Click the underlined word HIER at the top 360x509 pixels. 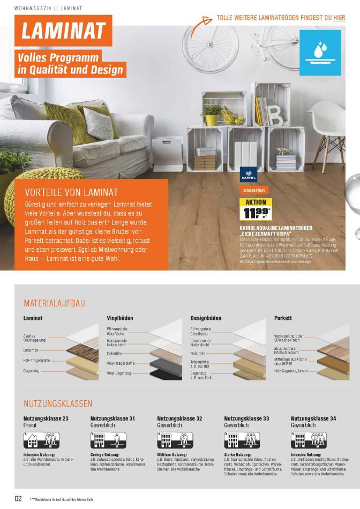click(x=339, y=18)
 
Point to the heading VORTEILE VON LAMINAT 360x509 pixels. click(x=72, y=192)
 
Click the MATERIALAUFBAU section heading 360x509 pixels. click(x=54, y=303)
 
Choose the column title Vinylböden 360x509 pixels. click(x=120, y=318)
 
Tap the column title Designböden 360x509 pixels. click(x=206, y=318)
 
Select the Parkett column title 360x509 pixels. click(x=283, y=318)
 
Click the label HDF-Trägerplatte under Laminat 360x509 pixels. click(x=36, y=361)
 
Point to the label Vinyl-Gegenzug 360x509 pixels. click(x=118, y=373)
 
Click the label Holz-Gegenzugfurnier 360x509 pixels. click(x=291, y=370)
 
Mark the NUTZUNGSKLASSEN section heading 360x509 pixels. click(x=58, y=403)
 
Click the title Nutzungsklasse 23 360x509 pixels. click(x=46, y=418)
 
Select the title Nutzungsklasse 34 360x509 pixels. click(x=313, y=418)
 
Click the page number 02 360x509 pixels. click(x=18, y=498)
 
